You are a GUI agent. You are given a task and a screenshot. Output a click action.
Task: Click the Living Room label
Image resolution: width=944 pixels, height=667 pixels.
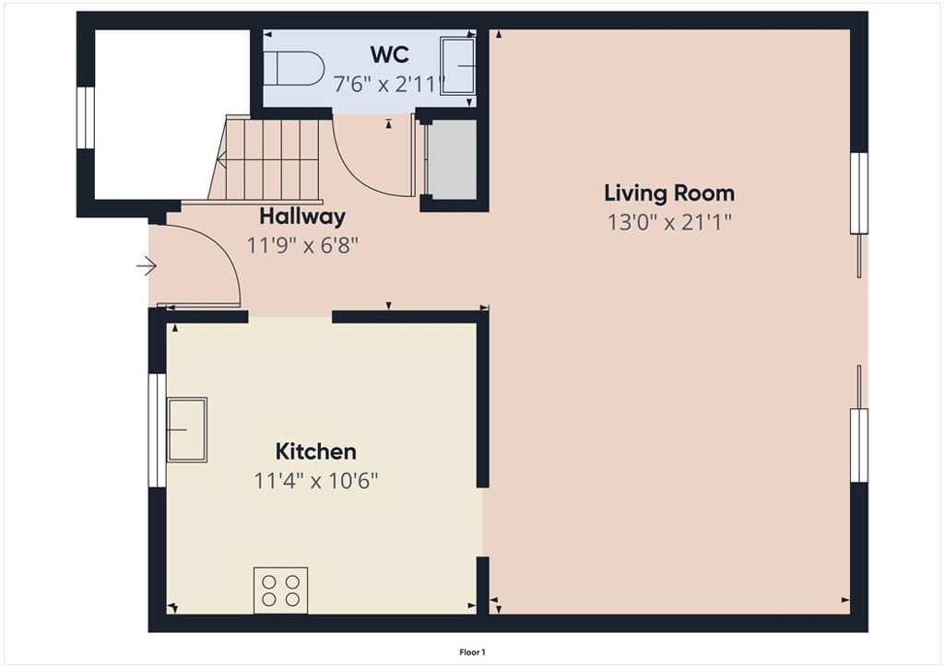tap(669, 193)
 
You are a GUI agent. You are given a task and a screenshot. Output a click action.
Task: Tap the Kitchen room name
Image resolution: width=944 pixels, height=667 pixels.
tap(315, 451)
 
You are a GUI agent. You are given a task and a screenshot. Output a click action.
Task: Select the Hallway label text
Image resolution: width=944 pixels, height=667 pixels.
tap(302, 216)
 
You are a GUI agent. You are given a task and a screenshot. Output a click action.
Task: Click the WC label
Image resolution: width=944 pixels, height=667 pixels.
tap(390, 54)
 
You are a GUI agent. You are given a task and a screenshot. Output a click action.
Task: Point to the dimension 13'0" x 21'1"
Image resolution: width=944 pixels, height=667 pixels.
tap(669, 223)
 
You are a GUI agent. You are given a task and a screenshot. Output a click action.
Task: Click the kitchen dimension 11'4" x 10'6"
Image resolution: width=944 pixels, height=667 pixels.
tap(316, 481)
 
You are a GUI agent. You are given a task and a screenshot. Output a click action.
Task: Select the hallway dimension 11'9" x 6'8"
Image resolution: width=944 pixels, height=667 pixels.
tap(302, 245)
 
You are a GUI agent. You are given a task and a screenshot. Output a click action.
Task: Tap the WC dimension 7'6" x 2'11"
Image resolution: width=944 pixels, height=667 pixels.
tap(390, 84)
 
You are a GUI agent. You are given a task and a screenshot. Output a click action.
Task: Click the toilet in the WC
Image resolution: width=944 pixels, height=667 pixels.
tap(294, 68)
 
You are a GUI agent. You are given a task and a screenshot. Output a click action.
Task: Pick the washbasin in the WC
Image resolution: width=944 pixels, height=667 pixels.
tap(458, 66)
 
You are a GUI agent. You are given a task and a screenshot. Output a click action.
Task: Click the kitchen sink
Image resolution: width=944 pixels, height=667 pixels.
tap(187, 429)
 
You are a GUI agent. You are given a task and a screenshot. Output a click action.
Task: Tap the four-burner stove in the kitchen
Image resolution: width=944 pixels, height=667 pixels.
tap(280, 591)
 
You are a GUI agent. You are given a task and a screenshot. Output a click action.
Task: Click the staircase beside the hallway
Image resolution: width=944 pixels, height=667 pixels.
tap(265, 159)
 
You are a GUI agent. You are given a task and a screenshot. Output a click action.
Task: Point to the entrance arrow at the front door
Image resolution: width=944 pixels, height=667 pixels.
tap(147, 265)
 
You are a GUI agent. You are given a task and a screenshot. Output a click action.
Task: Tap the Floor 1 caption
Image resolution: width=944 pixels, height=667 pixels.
tap(473, 652)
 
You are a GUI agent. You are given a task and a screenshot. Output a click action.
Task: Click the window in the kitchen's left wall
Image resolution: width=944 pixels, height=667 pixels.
tap(157, 430)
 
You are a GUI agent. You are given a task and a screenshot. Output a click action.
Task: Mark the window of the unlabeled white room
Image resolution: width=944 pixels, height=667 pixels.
tap(86, 117)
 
